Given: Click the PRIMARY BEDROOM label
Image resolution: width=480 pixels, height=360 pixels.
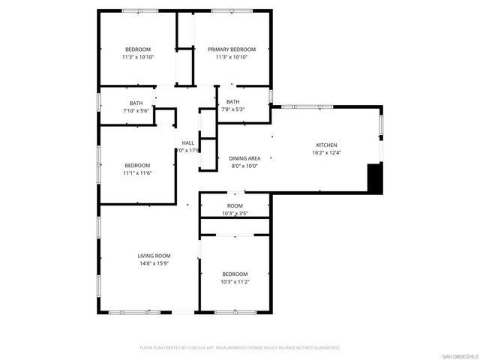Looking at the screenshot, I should coord(231,49).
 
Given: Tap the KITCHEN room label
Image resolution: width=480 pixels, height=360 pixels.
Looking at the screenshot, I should coord(326,145).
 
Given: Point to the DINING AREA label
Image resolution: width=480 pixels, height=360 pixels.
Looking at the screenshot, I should coord(244,158).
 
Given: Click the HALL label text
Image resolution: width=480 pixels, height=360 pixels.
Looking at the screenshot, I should coord(187,142).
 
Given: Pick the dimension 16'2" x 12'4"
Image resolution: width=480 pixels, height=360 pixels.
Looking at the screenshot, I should coord(326,153).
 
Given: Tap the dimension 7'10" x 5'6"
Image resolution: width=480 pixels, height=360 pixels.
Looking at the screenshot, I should coord(136,110).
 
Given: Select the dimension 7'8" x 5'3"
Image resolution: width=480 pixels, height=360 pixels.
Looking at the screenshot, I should coord(233,109).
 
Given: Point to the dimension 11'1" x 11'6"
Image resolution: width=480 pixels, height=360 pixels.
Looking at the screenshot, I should coord(137,173).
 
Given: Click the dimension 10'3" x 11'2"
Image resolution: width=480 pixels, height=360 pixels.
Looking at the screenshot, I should coord(235,282).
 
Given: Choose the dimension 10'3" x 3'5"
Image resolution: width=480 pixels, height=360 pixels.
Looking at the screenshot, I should coord(235,214).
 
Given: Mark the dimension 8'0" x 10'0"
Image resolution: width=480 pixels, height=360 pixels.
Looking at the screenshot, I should coord(244,166).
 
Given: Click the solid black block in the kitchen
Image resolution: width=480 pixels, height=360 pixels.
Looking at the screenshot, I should coord(374,178).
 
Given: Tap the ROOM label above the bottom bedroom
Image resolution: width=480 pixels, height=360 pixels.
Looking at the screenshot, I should coord(235,206).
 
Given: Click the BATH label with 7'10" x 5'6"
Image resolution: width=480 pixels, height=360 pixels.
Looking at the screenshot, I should coord(136,103).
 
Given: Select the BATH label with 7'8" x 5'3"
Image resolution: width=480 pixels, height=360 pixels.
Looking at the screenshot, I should coord(233,102).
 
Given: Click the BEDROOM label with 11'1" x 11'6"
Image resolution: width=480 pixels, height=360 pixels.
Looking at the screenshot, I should coord(137,165).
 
